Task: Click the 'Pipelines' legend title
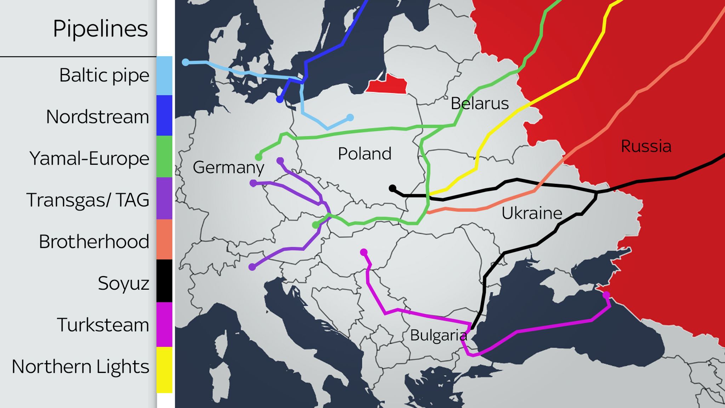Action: pyautogui.click(x=100, y=28)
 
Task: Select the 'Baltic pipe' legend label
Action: pyautogui.click(x=104, y=75)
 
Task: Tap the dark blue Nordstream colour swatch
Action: pyautogui.click(x=164, y=115)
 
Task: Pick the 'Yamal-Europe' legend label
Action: pyautogui.click(x=89, y=158)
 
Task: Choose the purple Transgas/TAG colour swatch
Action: pyautogui.click(x=164, y=198)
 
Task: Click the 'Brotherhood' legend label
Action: pyautogui.click(x=94, y=242)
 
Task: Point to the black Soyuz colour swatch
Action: pyautogui.click(x=164, y=281)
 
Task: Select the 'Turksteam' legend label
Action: pyautogui.click(x=103, y=325)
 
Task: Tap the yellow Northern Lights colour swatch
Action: pyautogui.click(x=164, y=369)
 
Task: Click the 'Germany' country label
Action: pyautogui.click(x=228, y=167)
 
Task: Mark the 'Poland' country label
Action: pyautogui.click(x=365, y=154)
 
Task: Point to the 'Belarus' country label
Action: pyautogui.click(x=480, y=103)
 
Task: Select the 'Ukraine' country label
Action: pyautogui.click(x=532, y=213)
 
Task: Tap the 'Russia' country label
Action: pyautogui.click(x=646, y=146)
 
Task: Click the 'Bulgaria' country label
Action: pyautogui.click(x=438, y=335)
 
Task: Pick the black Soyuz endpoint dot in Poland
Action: pyautogui.click(x=392, y=188)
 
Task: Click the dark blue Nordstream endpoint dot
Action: pyautogui.click(x=280, y=100)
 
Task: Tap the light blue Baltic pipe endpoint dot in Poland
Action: pyautogui.click(x=350, y=118)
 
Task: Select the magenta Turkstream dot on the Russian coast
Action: pyautogui.click(x=606, y=295)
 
